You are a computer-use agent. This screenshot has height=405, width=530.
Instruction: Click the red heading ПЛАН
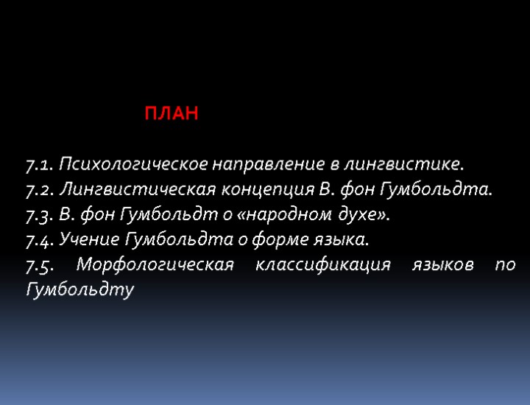coord(171,115)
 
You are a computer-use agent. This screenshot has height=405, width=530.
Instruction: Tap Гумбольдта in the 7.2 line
coord(448,189)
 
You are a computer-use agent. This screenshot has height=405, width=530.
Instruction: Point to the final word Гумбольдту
coord(79,290)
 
